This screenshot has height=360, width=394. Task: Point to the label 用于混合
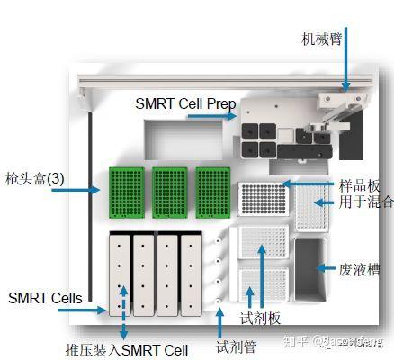pos(365,202)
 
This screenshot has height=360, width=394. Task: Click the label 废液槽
pos(361,267)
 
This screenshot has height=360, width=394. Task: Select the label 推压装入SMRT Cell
pos(125,347)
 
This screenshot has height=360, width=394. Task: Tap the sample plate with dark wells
pos(262,199)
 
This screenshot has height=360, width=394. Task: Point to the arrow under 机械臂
pos(343,67)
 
